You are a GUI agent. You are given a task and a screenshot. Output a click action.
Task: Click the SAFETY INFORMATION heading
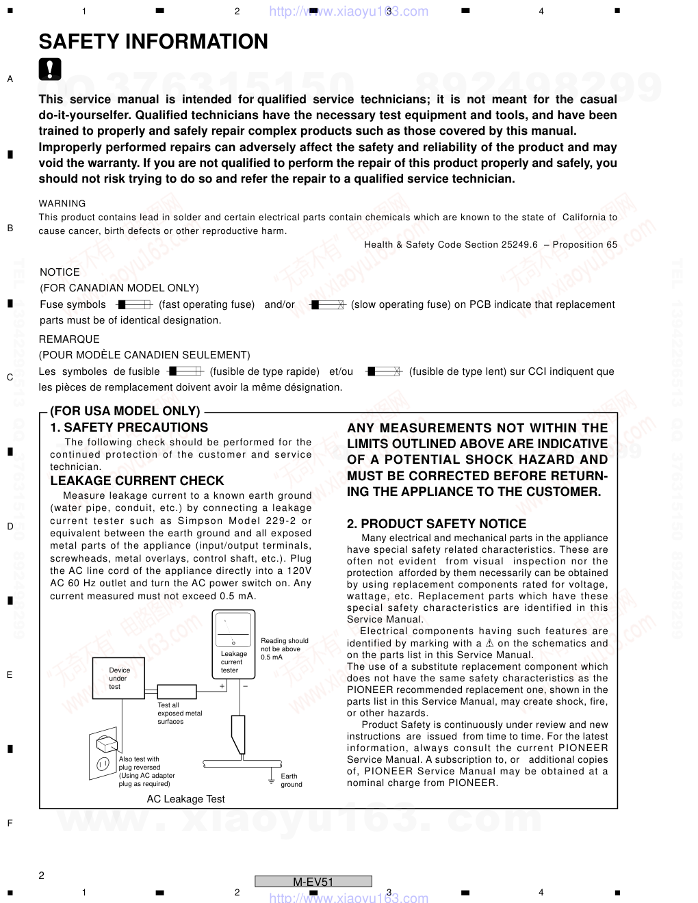153,42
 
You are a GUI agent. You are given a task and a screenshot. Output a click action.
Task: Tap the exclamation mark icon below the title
50,69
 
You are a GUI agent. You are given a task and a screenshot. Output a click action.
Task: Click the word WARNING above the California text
62,203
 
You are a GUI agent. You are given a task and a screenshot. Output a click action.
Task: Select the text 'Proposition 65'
585,244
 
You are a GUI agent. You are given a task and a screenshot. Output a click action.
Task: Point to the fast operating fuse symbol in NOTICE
134,304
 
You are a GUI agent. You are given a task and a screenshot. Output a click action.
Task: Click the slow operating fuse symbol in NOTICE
328,304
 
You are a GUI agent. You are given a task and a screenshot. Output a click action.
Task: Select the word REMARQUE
69,339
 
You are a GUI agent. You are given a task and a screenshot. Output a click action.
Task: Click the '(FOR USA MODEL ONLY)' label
125,411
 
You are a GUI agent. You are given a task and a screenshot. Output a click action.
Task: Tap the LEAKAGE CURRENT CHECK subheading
137,481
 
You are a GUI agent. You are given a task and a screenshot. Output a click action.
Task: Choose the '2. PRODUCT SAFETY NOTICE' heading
437,524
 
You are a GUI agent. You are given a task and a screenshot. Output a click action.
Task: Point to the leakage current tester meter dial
233,630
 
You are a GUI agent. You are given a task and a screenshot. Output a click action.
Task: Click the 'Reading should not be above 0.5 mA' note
285,649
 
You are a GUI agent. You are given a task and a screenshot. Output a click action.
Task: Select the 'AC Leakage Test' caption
185,799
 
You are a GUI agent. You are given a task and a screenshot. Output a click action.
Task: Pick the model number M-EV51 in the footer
313,882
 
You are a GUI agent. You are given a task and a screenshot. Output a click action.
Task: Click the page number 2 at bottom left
42,876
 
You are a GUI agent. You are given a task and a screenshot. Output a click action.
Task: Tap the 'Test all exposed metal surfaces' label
179,713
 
